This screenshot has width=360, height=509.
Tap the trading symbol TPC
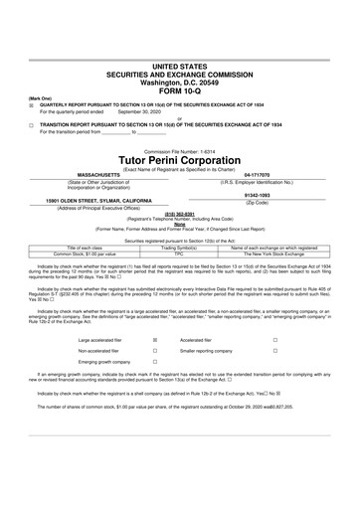tap(180, 253)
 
